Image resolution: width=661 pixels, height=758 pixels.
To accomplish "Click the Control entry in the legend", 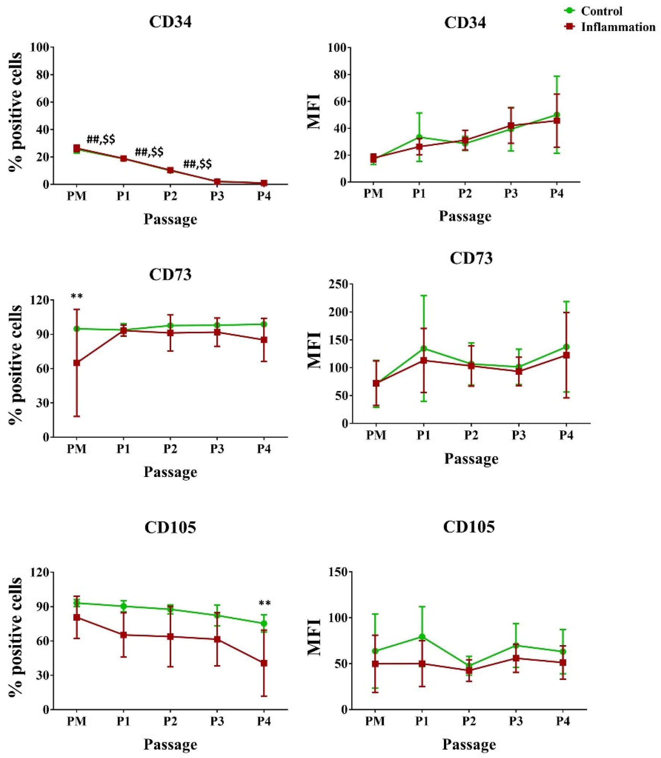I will coord(601,11).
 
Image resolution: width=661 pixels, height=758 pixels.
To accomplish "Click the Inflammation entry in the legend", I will coord(618,27).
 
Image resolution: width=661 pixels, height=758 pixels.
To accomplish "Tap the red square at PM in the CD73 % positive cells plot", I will coord(77,363).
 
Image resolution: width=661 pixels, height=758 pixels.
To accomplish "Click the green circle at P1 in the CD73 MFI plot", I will coord(424,348).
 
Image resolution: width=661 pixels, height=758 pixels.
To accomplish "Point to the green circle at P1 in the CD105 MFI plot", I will coord(422,637).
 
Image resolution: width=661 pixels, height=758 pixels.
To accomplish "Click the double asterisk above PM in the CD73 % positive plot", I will coord(77,297).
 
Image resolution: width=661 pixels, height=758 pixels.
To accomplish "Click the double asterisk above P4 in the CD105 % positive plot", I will coord(265,604).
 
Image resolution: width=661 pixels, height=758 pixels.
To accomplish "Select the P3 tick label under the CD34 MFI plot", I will coord(511,193).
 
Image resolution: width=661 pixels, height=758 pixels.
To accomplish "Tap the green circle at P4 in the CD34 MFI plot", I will coord(557,115).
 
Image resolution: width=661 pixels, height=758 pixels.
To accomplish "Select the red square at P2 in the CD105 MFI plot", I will coord(469,671).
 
